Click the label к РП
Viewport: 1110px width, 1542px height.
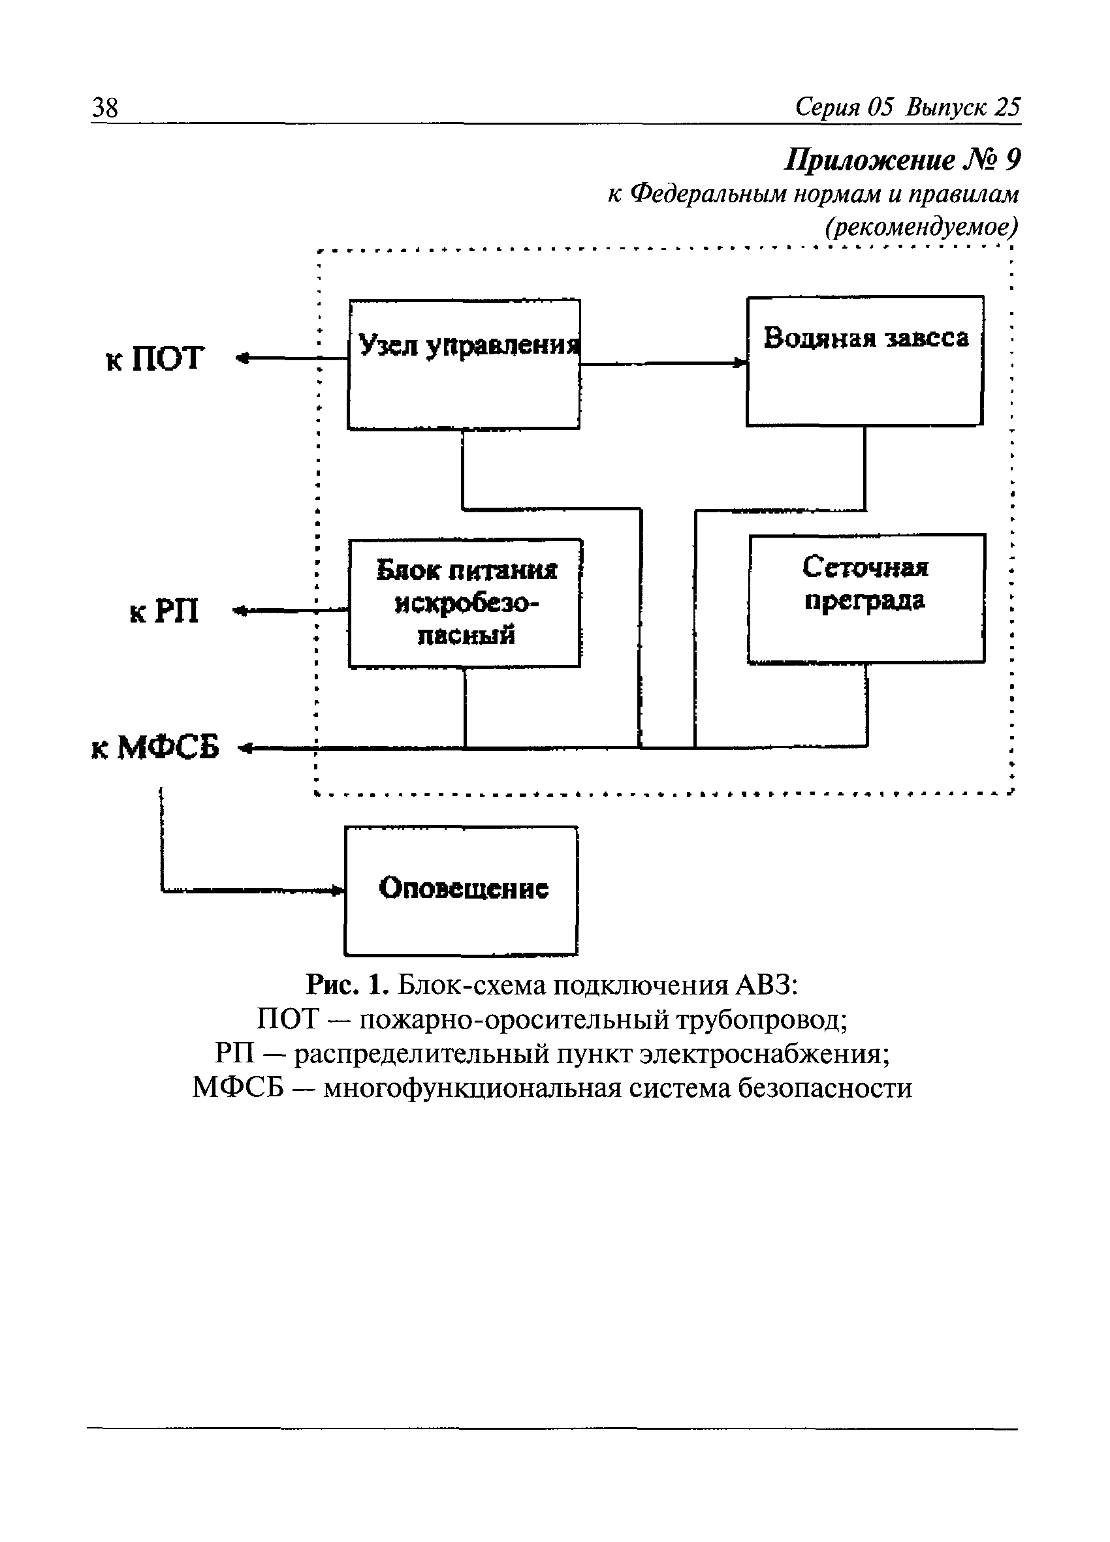click(164, 611)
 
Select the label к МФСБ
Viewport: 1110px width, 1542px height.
click(155, 748)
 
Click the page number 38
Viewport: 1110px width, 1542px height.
click(104, 108)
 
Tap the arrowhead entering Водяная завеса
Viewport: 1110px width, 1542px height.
click(740, 363)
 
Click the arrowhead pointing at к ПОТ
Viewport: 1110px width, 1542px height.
click(242, 358)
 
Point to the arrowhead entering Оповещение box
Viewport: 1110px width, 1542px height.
click(338, 890)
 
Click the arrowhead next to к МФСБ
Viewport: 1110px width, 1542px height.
click(245, 748)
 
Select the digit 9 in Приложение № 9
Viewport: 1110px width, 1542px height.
click(1012, 161)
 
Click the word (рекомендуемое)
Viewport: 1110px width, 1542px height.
click(921, 226)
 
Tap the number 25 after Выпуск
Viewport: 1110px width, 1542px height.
click(1007, 108)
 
